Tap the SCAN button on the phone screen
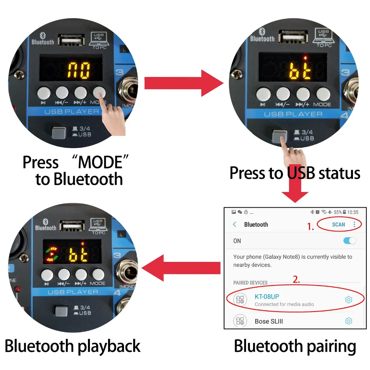[339, 225]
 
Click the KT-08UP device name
[267, 297]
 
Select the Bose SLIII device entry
[269, 322]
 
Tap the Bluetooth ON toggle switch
[350, 241]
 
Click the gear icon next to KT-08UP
[349, 299]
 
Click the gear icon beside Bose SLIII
[349, 321]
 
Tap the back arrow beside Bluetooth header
[235, 224]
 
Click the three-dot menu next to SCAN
[354, 225]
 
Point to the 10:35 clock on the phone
[353, 212]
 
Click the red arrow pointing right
[184, 83]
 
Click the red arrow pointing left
[181, 268]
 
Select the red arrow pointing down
[295, 184]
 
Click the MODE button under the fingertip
[99, 92]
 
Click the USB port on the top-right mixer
[293, 37]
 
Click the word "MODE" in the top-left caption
[100, 162]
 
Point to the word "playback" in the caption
[109, 346]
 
